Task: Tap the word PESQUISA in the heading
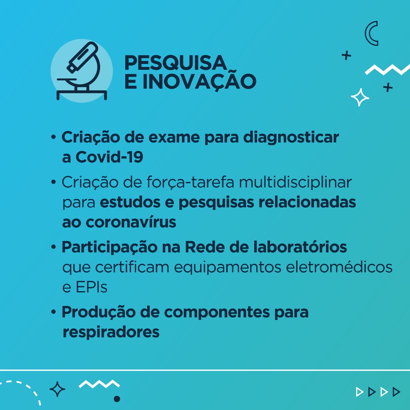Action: pos(176,63)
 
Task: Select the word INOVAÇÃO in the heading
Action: pos(200,81)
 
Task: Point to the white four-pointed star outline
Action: pos(360,97)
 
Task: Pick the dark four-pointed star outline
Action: pos(57,389)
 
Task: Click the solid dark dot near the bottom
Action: pos(117,399)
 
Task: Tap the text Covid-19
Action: pos(109,157)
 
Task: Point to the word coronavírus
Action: pos(131,222)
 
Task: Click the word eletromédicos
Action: pos(339,267)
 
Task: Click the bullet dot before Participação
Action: pos(53,247)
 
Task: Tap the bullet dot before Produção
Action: pos(53,312)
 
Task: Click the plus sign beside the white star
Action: pos(388,87)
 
